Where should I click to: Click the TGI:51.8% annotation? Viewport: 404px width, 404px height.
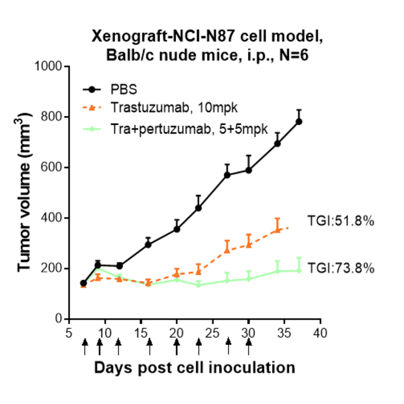coord(341,222)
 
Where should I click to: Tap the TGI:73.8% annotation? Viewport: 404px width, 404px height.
coord(341,269)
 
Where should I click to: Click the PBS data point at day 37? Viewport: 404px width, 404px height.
coord(299,122)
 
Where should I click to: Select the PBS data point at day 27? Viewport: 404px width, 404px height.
coord(227,175)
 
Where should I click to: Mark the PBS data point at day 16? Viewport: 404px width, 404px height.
coord(149,244)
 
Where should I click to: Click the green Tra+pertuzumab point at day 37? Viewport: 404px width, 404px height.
coord(299,271)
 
